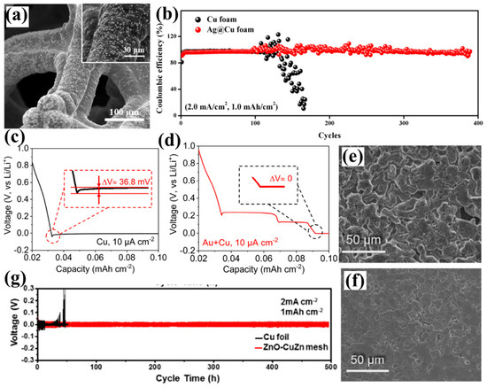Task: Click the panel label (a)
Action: pyautogui.click(x=16, y=14)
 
